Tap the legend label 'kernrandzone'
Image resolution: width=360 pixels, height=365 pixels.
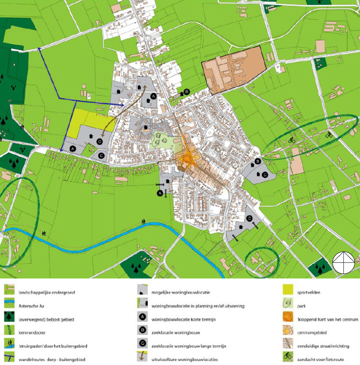pos(31,332)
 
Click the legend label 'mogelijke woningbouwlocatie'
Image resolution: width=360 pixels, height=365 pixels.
pos(180,292)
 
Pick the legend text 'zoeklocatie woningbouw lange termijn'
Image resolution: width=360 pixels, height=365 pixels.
pos(189,346)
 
